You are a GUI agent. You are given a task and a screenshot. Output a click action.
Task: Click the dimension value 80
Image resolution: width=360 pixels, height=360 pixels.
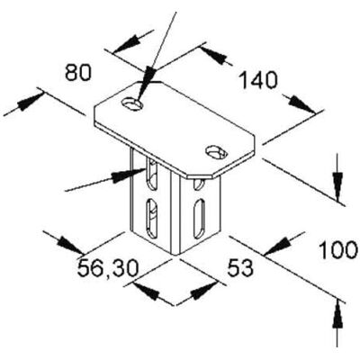pos(78,74)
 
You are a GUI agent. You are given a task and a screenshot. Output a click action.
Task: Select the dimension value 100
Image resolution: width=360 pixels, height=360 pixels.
pos(338,251)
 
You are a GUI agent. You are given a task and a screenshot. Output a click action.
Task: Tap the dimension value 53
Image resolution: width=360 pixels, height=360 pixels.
pos(240,268)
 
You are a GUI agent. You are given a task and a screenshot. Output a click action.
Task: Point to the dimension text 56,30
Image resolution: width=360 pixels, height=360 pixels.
pos(108,268)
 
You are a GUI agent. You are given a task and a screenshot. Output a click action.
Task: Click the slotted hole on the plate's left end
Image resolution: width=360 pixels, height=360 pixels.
pos(132,103)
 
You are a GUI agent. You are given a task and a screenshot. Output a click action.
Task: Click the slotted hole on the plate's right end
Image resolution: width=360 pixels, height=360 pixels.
pos(216,152)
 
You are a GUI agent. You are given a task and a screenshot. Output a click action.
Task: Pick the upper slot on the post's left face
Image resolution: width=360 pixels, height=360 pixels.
pos(152,175)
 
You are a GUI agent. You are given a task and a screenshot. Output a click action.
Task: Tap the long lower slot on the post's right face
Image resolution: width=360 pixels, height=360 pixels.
pos(199,219)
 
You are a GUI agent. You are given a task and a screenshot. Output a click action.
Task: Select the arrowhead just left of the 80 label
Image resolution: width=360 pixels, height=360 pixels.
pos(30,101)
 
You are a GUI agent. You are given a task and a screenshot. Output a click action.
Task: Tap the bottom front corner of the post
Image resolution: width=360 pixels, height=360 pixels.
pos(175,256)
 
